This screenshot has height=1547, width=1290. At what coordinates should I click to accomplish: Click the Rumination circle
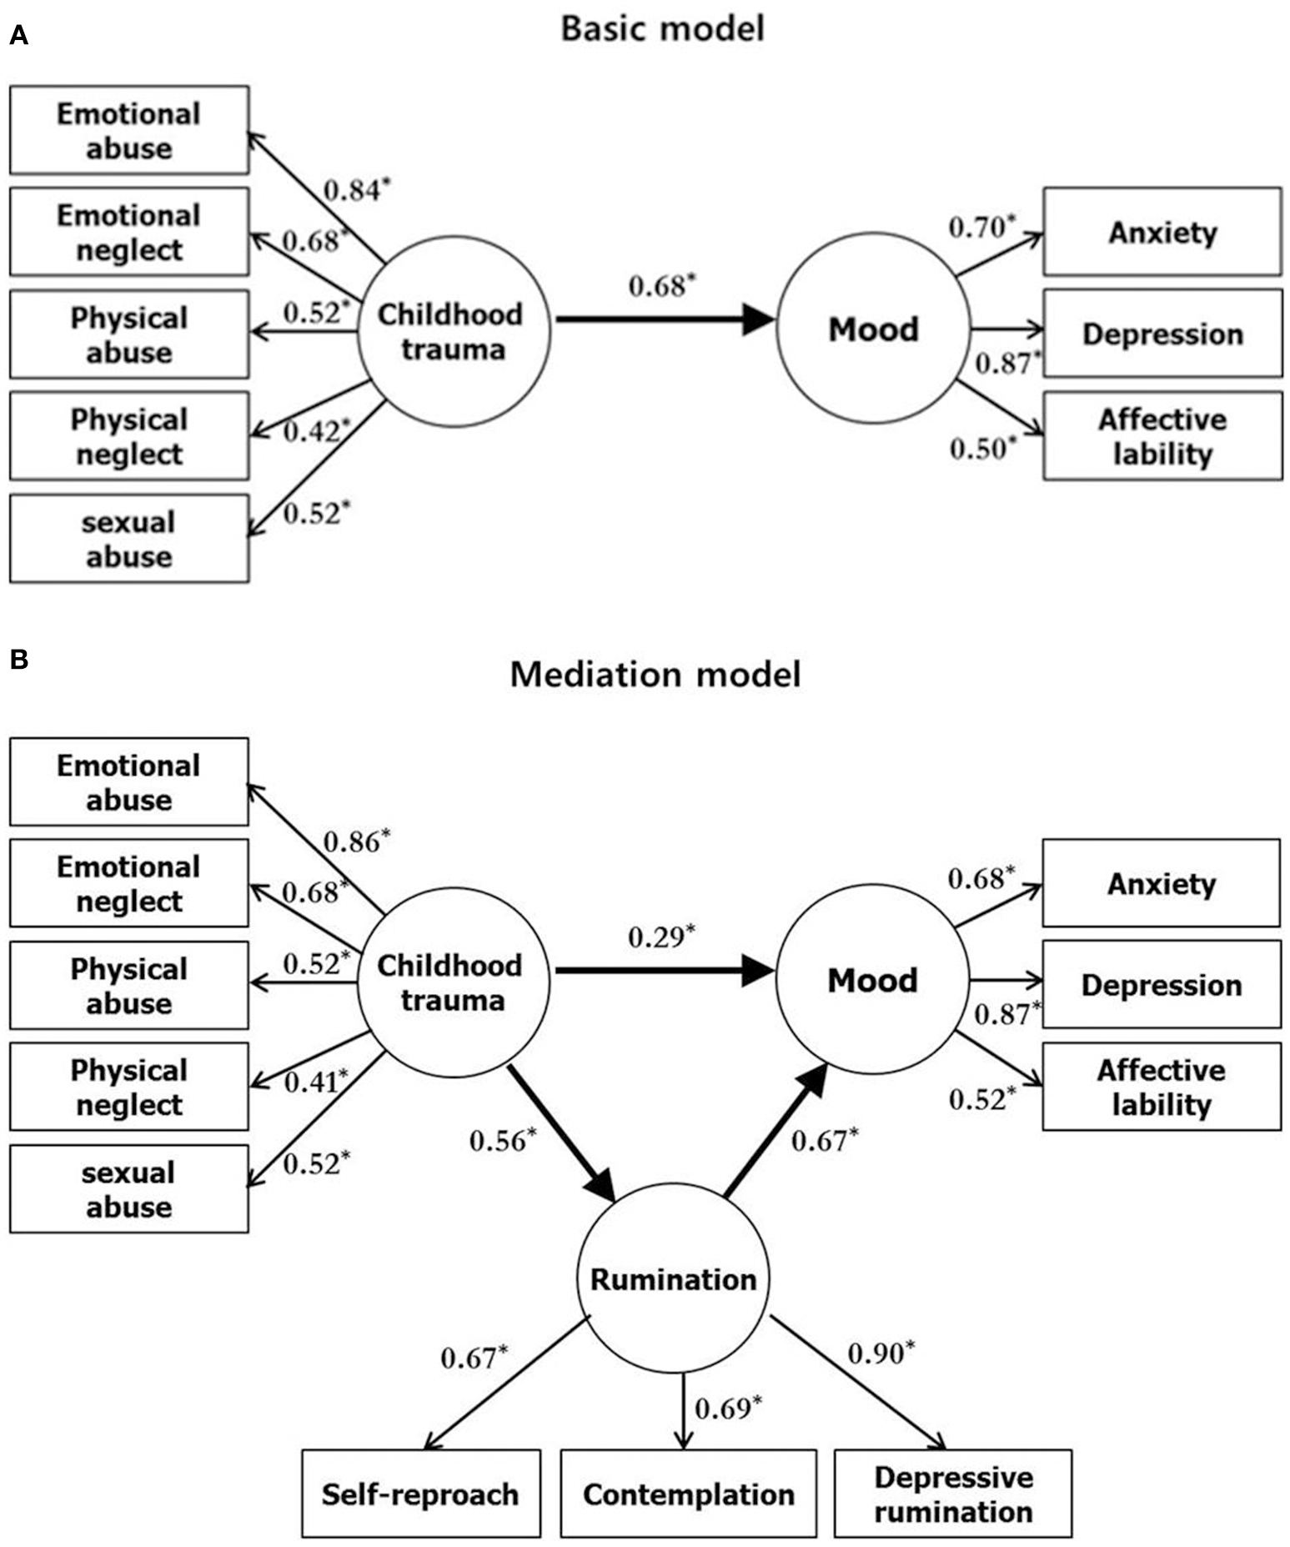pos(672,1279)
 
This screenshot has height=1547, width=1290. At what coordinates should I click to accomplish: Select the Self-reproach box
pos(420,1494)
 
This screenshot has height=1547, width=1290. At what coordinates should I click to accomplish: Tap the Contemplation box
pos(688,1494)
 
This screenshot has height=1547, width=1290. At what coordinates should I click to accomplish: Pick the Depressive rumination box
pos(953,1494)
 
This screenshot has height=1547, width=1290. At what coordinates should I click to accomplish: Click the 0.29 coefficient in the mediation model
pos(660,937)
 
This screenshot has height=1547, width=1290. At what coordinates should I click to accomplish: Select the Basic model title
pos(662,28)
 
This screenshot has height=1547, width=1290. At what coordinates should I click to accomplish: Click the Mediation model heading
pos(655,674)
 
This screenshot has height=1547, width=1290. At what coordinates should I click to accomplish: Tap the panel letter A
pos(18,36)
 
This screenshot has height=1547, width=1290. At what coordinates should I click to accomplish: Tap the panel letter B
pos(18,660)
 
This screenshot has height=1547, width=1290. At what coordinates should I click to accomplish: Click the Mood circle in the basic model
pos(873,329)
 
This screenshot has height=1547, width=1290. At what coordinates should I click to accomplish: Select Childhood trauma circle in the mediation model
pos(453,982)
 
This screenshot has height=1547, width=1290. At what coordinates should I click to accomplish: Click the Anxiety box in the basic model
pos(1162,232)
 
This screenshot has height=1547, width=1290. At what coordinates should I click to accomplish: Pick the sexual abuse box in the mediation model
pos(128,1188)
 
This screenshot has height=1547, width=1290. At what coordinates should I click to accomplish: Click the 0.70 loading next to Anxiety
pos(981,227)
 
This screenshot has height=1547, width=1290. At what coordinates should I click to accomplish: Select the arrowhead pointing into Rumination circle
pos(602,1184)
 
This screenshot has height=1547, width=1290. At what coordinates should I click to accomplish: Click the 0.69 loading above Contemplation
pos(728,1408)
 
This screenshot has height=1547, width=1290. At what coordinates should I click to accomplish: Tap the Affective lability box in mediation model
pos(1161,1087)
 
